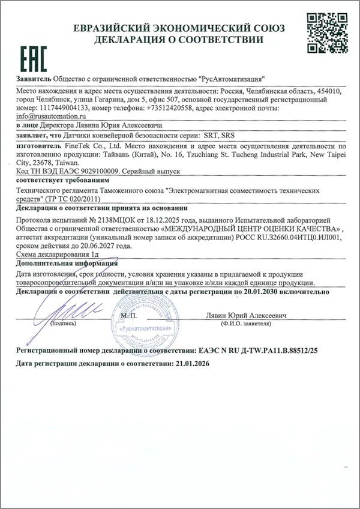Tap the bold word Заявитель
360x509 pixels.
point(34,79)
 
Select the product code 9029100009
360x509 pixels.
point(97,171)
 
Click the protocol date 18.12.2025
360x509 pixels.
point(166,221)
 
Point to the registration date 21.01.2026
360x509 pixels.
point(195,364)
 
